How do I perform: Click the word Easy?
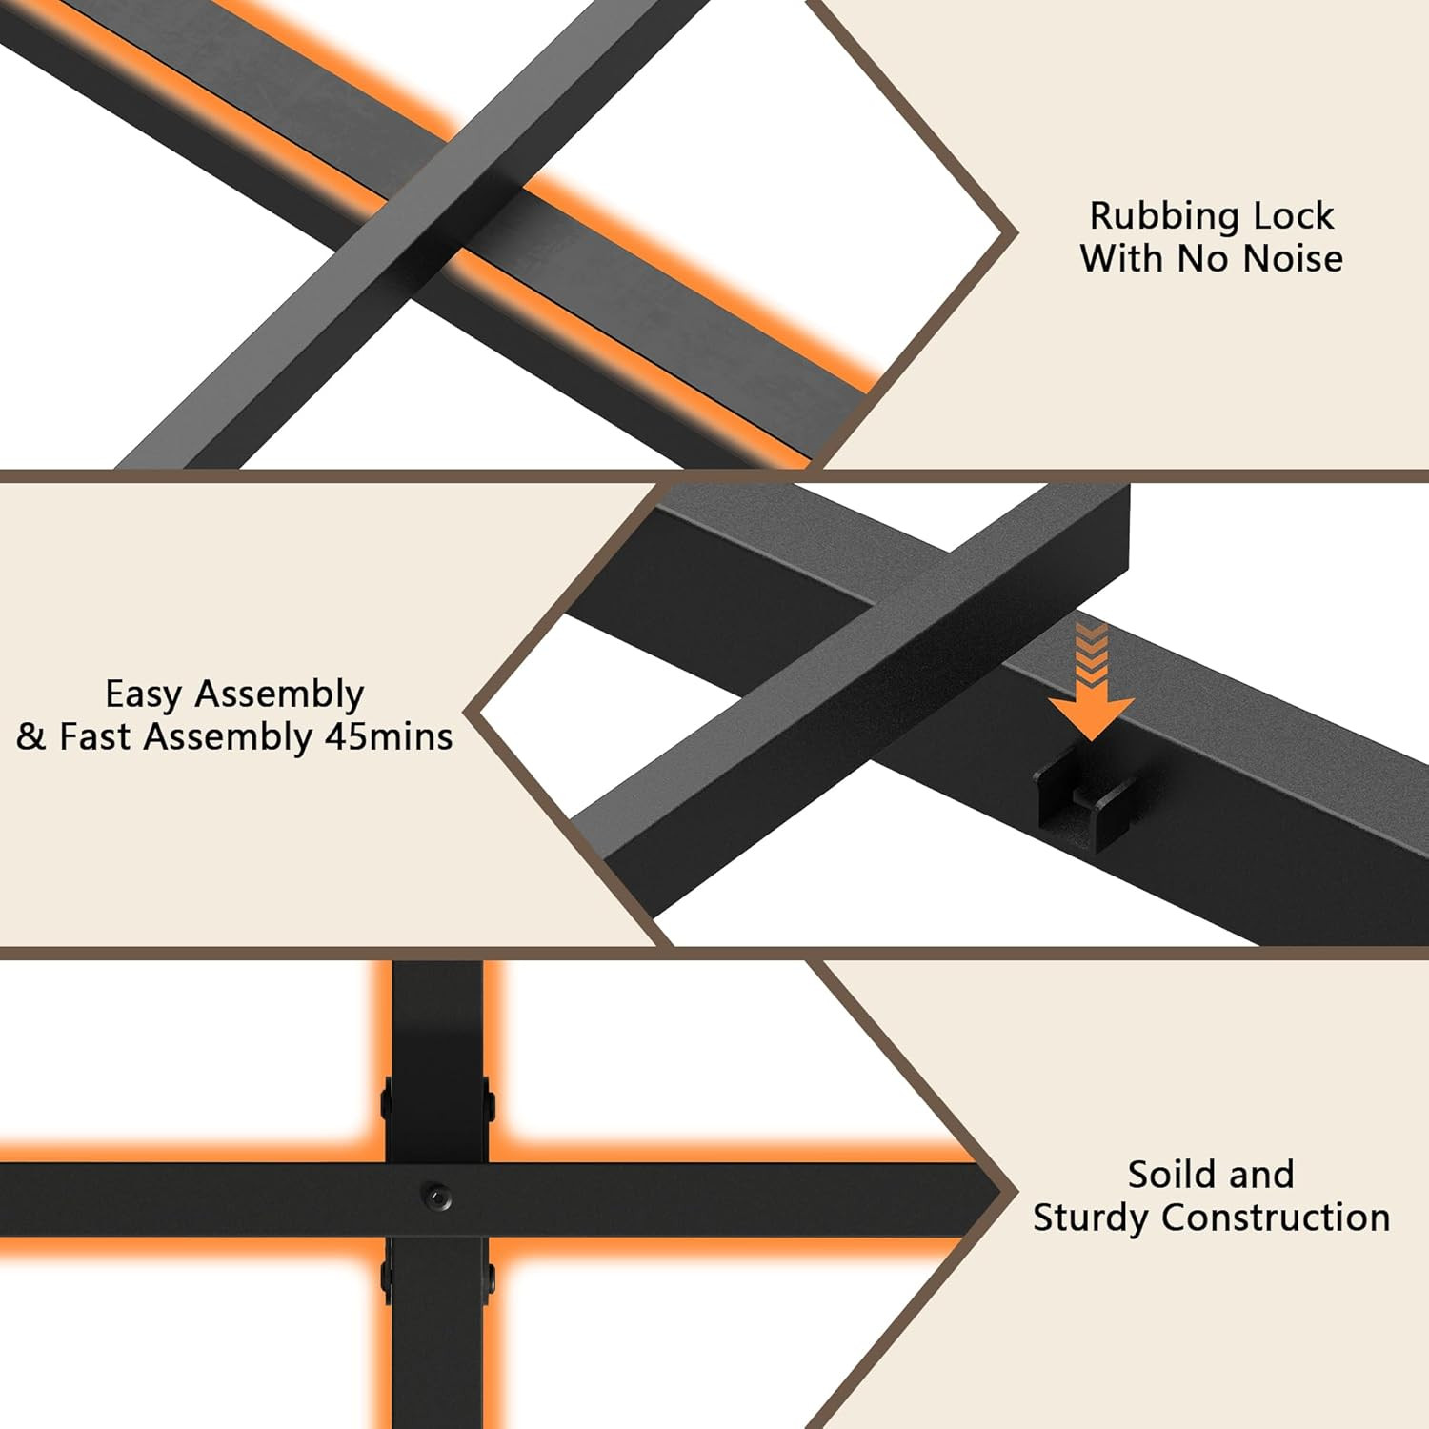pyautogui.click(x=144, y=695)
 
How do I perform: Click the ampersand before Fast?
pyautogui.click(x=30, y=737)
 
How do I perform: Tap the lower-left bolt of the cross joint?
pyautogui.click(x=386, y=1282)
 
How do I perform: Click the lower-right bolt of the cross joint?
pyautogui.click(x=490, y=1282)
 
